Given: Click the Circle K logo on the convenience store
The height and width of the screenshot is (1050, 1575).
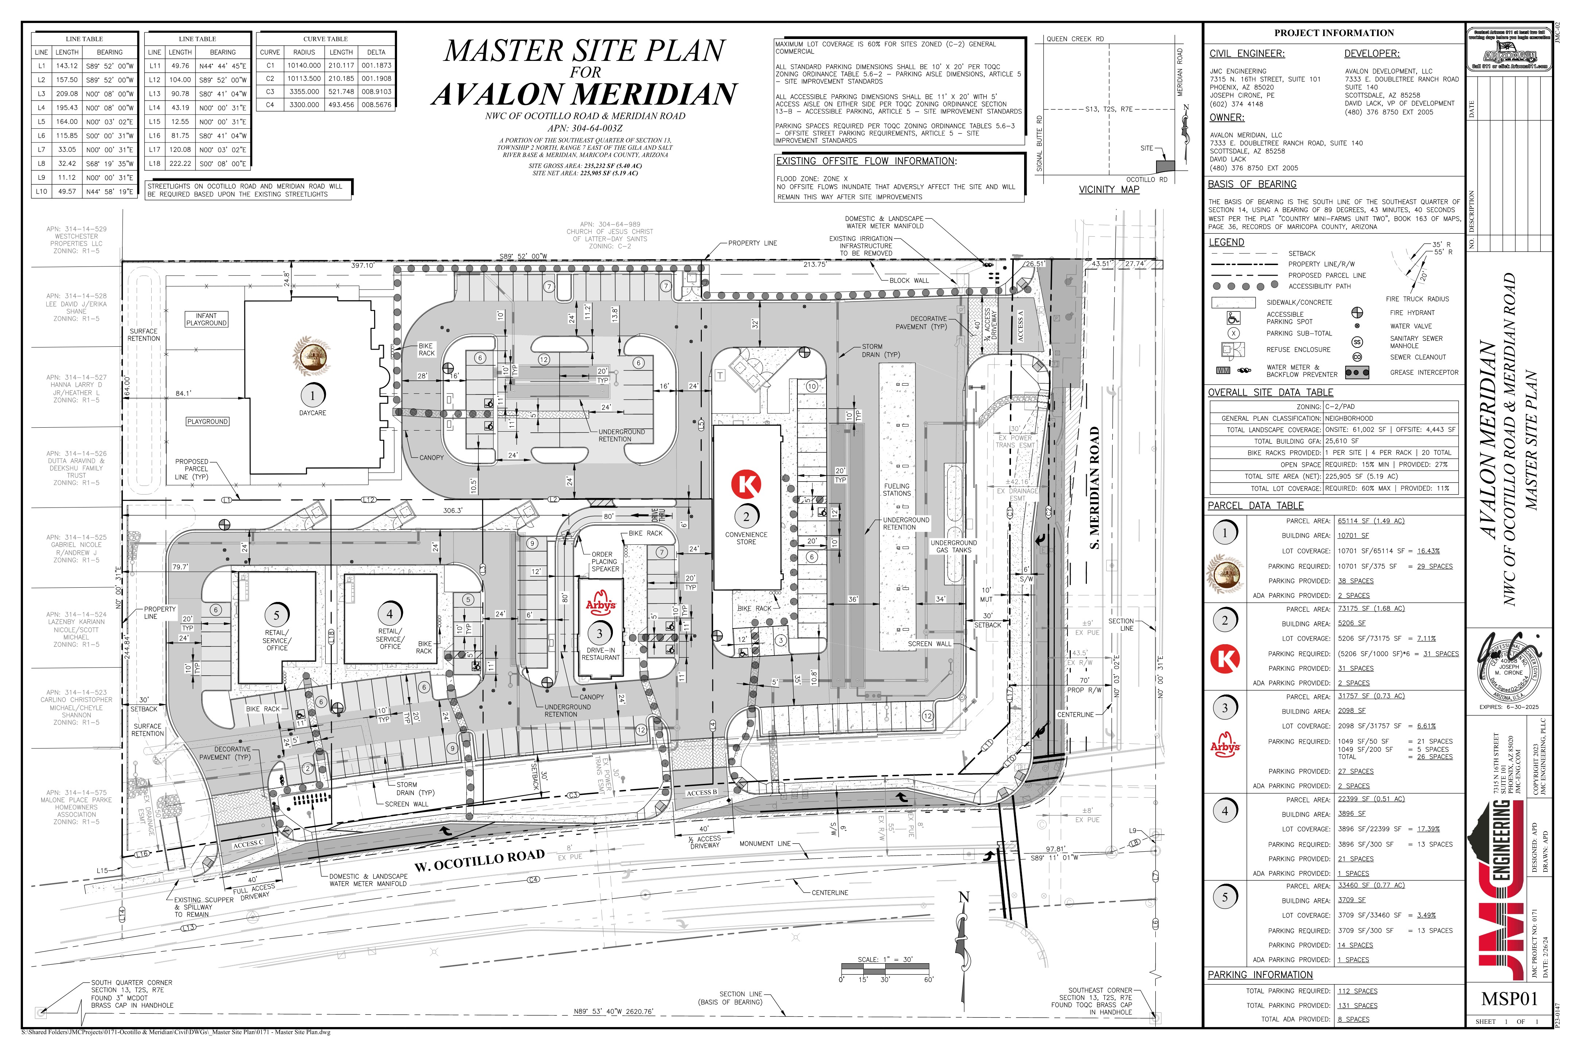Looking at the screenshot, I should tap(746, 483).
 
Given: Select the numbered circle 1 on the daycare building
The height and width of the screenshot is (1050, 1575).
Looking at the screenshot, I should tap(312, 395).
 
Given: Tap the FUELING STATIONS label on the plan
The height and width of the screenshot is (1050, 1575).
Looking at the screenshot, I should tap(897, 490).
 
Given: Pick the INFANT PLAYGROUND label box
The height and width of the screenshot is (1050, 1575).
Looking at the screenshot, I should tap(206, 319).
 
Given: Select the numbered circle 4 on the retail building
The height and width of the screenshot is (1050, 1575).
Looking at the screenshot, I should tap(390, 613).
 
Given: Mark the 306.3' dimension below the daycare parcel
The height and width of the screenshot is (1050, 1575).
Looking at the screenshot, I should tap(453, 510).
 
